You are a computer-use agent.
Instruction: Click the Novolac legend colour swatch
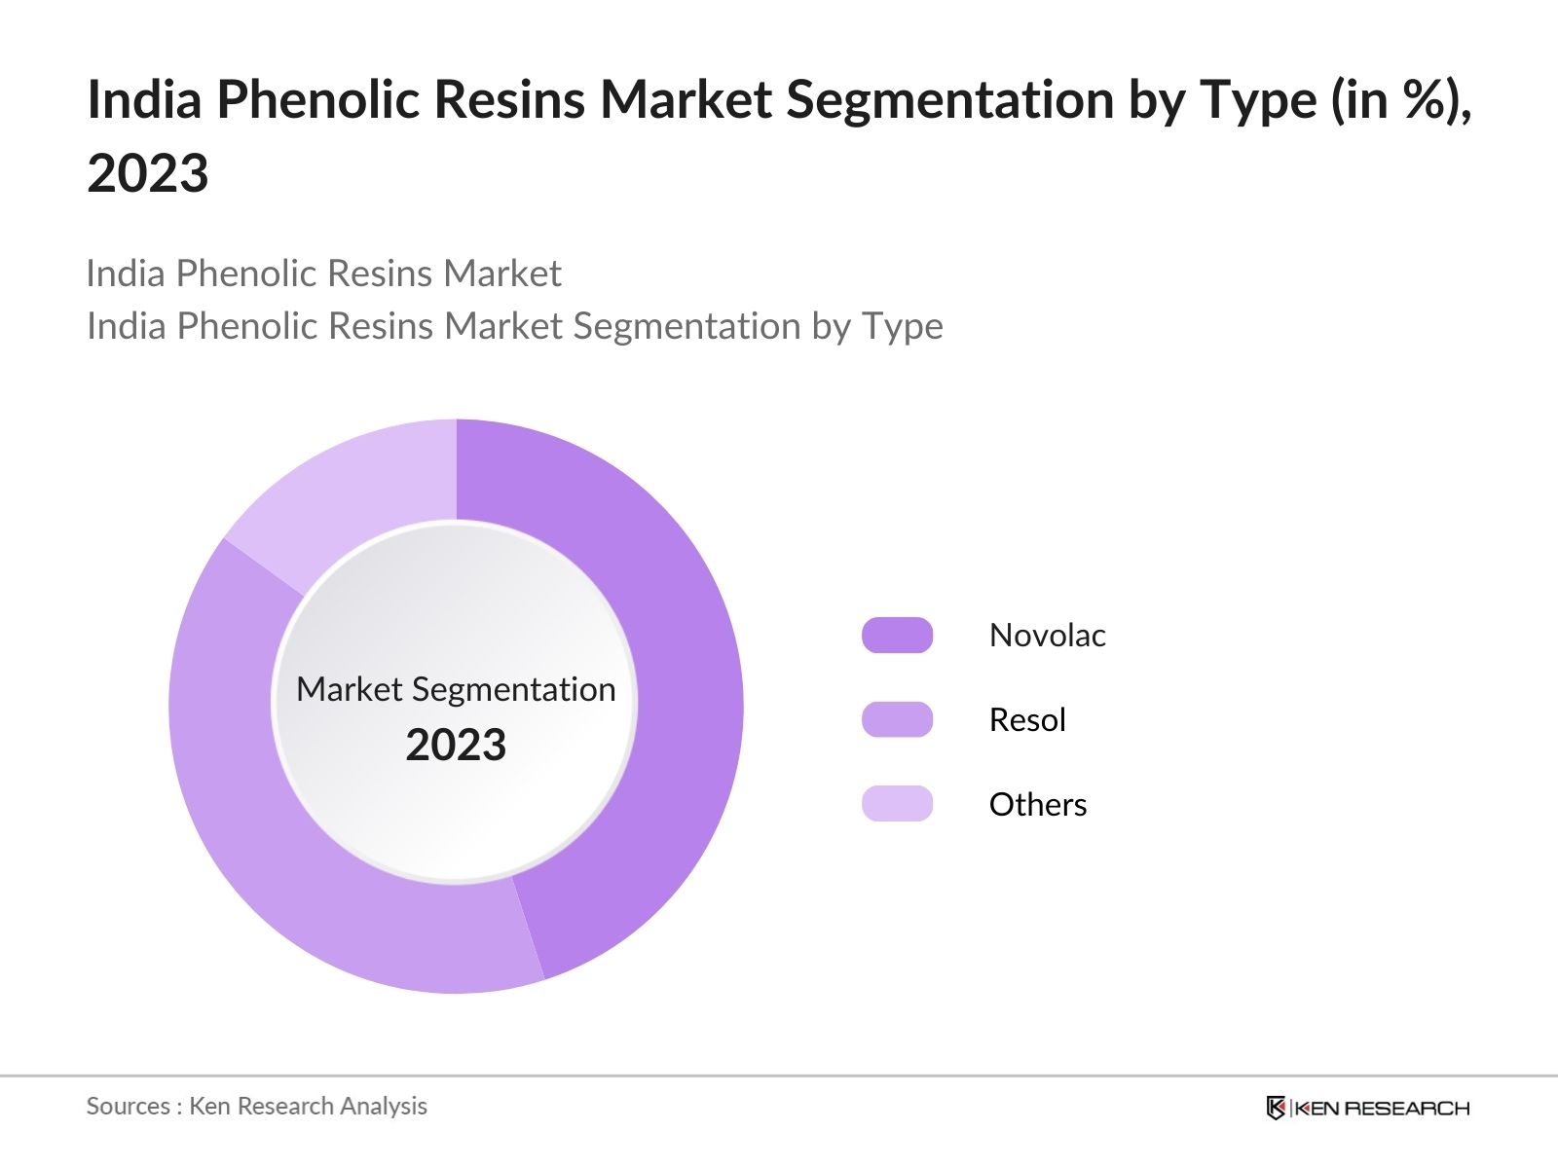click(897, 636)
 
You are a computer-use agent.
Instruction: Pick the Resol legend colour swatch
click(897, 720)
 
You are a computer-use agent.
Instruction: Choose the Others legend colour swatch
click(897, 804)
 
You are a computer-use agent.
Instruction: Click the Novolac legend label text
click(1047, 636)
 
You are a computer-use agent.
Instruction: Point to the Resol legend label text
click(1027, 720)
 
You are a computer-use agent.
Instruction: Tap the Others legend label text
click(1037, 805)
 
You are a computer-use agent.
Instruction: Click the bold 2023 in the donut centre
click(456, 746)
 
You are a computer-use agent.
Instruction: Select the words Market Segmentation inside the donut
click(456, 689)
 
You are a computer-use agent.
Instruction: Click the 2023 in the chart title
click(148, 174)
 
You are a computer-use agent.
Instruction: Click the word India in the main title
click(144, 99)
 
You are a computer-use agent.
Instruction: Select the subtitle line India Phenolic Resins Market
click(323, 274)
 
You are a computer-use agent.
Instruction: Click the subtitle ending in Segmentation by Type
click(514, 326)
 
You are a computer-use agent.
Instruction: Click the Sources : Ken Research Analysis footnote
click(257, 1106)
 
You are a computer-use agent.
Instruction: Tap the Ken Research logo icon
click(1276, 1108)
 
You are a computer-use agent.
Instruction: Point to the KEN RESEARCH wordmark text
click(1382, 1108)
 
